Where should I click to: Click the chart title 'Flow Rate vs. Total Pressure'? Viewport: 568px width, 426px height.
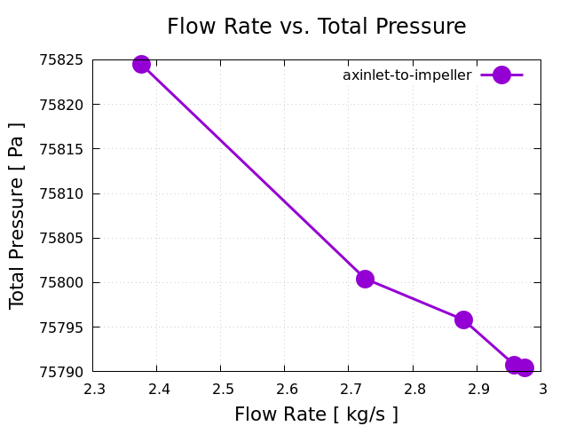(x=316, y=27)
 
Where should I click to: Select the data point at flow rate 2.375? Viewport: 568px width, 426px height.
(x=141, y=64)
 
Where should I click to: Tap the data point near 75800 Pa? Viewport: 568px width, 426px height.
(x=365, y=279)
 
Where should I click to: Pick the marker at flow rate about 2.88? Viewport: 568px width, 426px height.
(x=463, y=319)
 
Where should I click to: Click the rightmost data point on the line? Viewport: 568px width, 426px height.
(x=525, y=367)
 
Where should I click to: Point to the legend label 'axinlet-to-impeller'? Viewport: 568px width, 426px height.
(x=406, y=75)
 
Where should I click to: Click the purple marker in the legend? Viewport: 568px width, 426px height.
(x=501, y=75)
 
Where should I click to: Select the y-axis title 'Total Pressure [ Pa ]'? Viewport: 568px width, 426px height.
(x=17, y=216)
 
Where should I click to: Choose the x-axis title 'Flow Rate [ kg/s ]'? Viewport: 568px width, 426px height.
(x=316, y=414)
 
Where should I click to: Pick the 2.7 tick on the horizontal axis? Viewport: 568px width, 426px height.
(x=350, y=389)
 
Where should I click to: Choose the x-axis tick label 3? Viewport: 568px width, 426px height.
(x=541, y=389)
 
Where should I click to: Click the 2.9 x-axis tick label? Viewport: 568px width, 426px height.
(x=477, y=389)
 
